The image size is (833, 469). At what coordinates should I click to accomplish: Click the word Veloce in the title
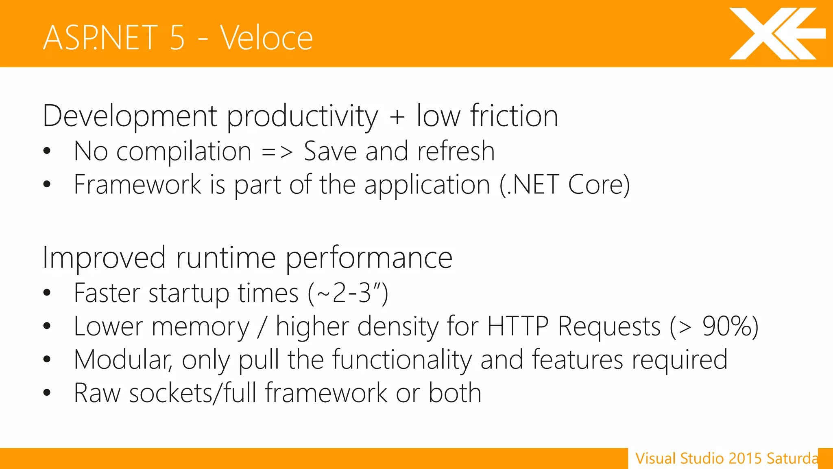pos(266,38)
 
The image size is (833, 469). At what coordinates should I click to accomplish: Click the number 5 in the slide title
pos(177,38)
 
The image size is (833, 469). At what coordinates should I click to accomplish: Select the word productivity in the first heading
pos(302,117)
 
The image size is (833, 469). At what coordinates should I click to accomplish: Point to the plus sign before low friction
pos(397,117)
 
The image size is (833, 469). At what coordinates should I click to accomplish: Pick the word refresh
pos(456,151)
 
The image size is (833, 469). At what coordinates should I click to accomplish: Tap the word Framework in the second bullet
pos(137,185)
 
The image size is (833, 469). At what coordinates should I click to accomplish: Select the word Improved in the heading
pos(104,258)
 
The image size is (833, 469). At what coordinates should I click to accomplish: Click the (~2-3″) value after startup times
pos(348,293)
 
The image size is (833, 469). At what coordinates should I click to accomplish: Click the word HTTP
pos(518,327)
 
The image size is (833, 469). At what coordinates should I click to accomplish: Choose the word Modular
pos(122,360)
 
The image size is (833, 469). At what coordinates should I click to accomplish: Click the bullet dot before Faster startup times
pos(47,292)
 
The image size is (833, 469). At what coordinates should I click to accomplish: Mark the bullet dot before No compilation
pos(47,151)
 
